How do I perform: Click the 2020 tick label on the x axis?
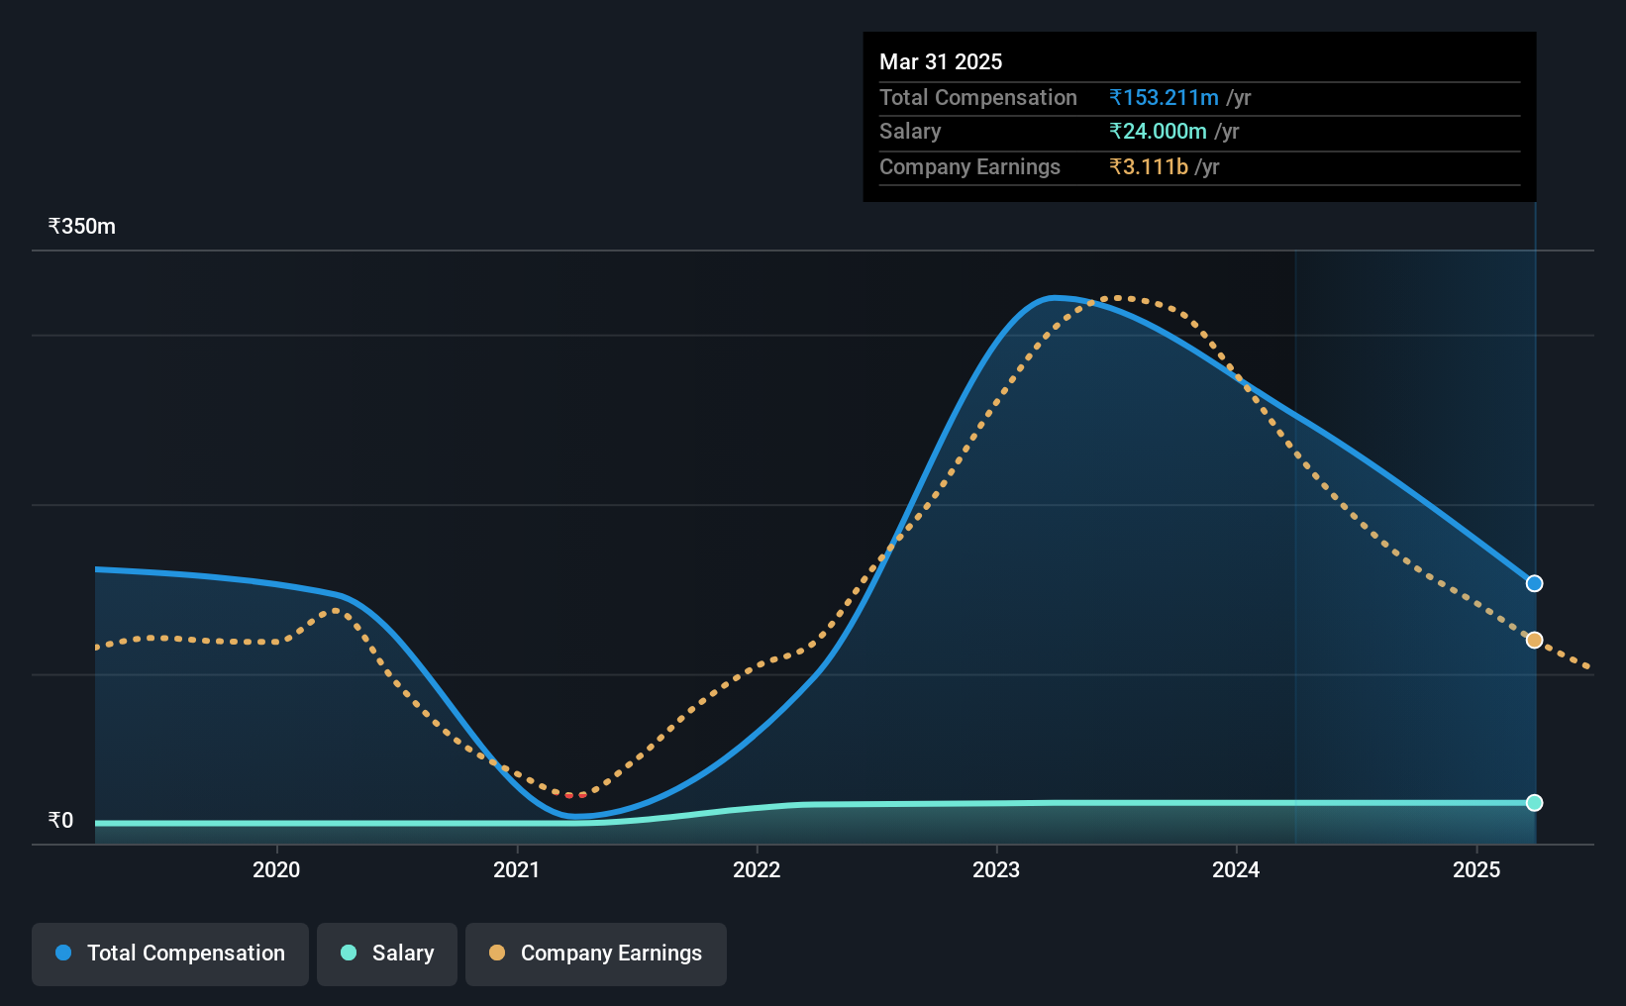coord(276,869)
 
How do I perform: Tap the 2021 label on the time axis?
coord(516,869)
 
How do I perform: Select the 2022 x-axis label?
coord(757,869)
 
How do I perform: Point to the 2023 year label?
coord(996,869)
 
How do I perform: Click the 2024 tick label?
coord(1236,869)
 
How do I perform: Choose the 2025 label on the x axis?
coord(1476,869)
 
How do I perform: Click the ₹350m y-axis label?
coord(82,227)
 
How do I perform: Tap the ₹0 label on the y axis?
coord(61,820)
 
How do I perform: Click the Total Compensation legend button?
coord(170,954)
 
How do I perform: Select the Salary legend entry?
coord(387,954)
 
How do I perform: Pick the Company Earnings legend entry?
coord(596,954)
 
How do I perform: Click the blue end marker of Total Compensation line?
coord(1534,583)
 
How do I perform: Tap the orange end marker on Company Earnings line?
coord(1534,641)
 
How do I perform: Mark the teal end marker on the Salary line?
coord(1534,803)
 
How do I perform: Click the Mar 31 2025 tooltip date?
coord(941,61)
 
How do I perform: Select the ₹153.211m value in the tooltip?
coord(1164,97)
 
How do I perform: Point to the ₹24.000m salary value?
coord(1158,132)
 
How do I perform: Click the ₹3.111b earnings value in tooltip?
coord(1149,167)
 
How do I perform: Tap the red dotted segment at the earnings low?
coord(575,795)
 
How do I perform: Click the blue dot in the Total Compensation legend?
coord(63,953)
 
